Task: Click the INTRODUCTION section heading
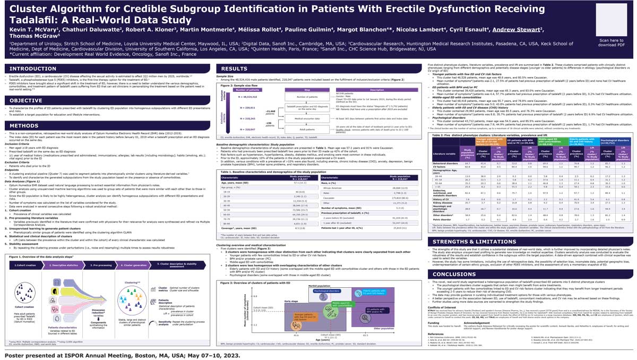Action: (x=33, y=68)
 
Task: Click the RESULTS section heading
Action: (x=235, y=68)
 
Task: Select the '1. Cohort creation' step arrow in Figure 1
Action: (x=26, y=264)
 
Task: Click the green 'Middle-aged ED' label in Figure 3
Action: (x=342, y=304)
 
